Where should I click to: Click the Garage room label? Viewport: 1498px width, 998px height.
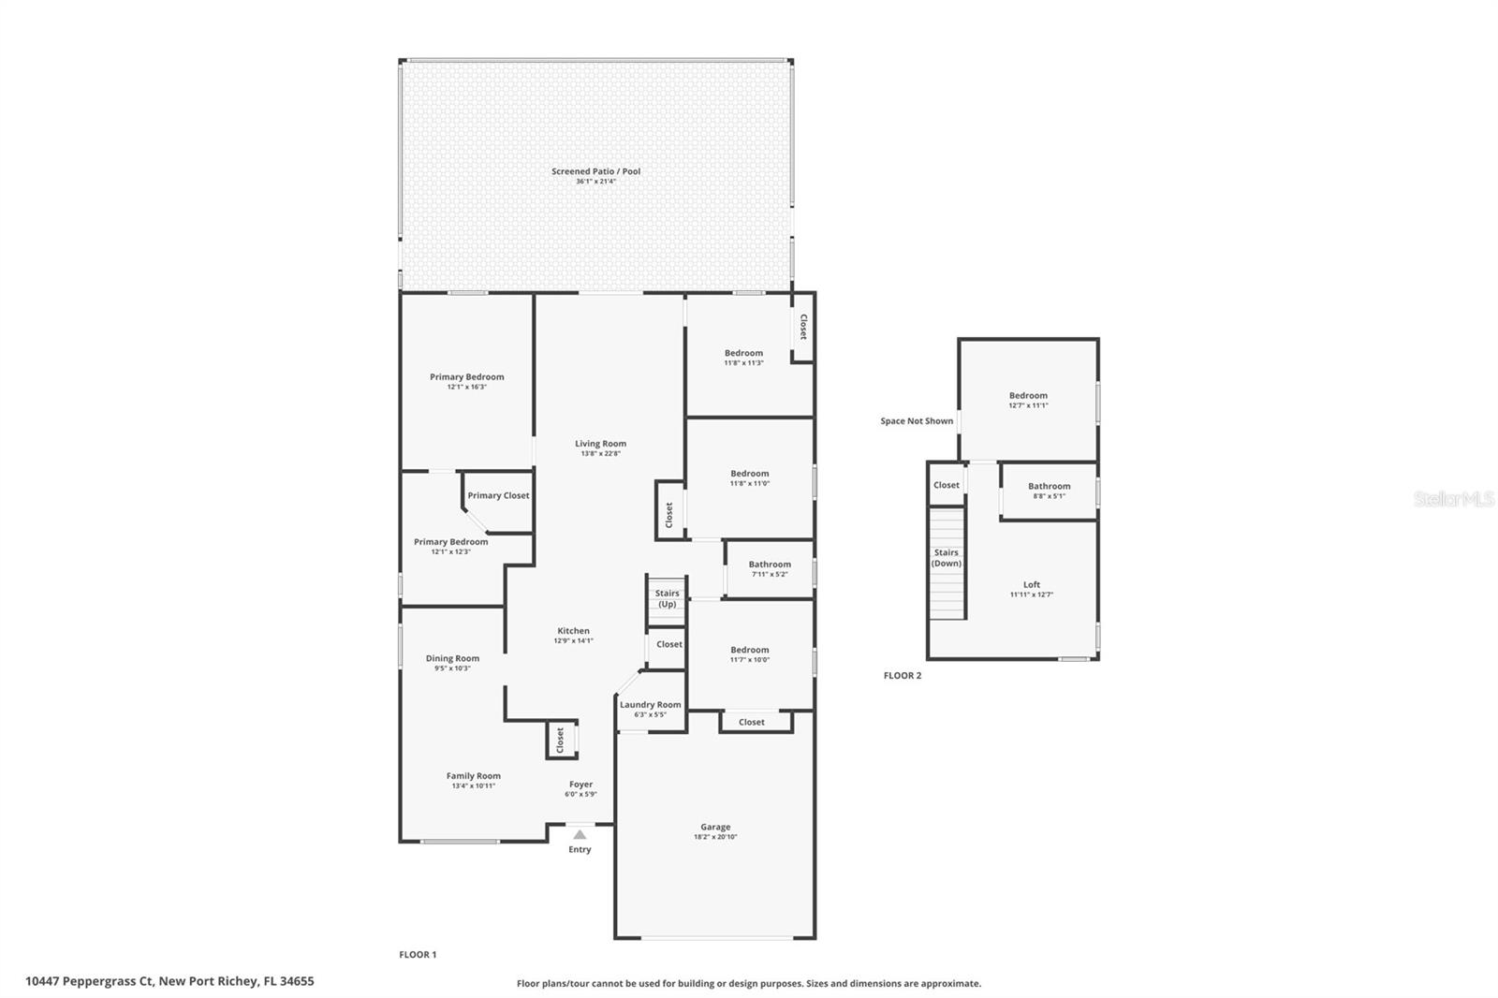(x=715, y=827)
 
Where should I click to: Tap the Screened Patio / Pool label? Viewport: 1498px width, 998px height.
(x=595, y=171)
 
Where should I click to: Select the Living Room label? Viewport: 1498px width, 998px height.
(x=600, y=444)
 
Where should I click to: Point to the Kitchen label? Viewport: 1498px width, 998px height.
(x=573, y=631)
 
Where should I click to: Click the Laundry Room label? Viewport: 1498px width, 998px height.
(x=650, y=704)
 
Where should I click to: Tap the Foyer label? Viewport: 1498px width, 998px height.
(x=580, y=784)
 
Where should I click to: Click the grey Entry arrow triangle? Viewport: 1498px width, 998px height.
(x=580, y=834)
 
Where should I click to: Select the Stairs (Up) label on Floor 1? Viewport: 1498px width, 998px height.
(x=667, y=598)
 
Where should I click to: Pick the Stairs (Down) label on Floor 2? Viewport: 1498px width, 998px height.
(x=947, y=558)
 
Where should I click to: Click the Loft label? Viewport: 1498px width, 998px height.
(x=1031, y=584)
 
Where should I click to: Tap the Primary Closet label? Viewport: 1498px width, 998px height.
(x=498, y=495)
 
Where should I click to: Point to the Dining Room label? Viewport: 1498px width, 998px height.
(x=452, y=658)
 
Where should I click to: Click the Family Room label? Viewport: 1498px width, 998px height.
(x=474, y=776)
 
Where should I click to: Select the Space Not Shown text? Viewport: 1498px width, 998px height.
(x=917, y=420)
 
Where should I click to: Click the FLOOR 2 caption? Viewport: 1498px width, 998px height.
(x=903, y=676)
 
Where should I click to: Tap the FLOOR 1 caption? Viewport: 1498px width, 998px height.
(x=418, y=955)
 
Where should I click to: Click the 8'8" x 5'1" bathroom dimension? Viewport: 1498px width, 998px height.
(x=1049, y=496)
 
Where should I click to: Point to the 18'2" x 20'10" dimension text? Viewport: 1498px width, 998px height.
(x=715, y=837)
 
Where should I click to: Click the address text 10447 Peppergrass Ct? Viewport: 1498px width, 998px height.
(x=90, y=981)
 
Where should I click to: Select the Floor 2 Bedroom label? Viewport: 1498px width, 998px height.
(x=1028, y=395)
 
